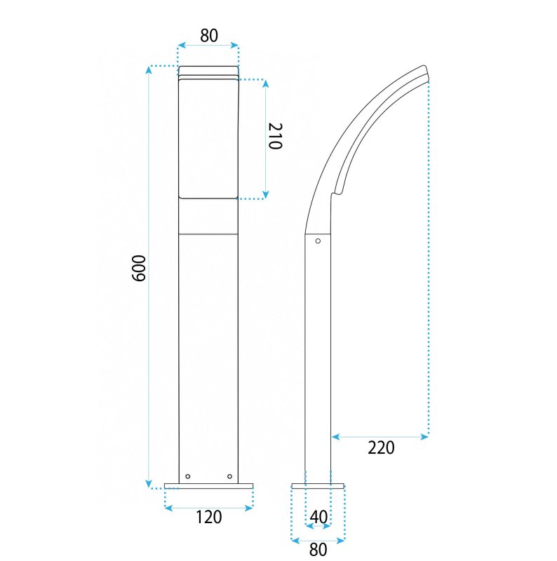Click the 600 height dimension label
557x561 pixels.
coord(139,269)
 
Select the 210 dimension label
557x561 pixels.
coord(276,135)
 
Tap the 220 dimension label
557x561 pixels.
coord(381,447)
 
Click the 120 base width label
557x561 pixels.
coord(208,517)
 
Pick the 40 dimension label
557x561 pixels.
coord(318,517)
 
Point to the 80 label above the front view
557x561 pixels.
coord(208,36)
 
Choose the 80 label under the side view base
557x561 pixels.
coord(318,549)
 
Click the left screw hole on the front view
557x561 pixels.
coord(187,477)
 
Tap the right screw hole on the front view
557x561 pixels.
coord(230,476)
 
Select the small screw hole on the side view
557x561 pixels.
coord(318,241)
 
